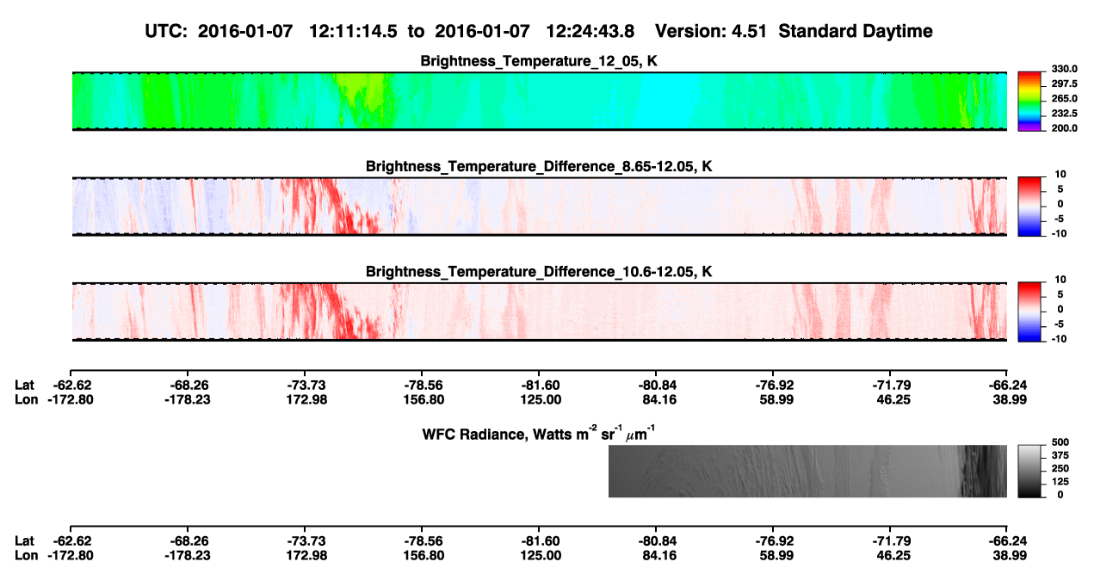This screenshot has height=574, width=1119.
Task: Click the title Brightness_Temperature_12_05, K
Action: tap(539, 61)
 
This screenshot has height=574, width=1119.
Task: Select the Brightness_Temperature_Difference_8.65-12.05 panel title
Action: tap(539, 166)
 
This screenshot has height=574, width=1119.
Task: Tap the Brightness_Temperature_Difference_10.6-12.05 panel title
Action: tap(539, 272)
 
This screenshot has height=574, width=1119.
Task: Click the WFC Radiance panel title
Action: tap(539, 434)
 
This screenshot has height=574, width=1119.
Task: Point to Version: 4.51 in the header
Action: tap(710, 32)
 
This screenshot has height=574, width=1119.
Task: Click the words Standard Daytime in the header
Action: tap(856, 32)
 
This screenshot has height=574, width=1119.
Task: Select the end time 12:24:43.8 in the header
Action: tap(590, 32)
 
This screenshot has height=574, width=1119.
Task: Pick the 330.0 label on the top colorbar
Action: tap(1064, 69)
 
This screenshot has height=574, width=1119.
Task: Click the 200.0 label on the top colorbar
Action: tap(1064, 128)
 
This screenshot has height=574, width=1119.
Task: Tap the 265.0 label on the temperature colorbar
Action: tap(1064, 98)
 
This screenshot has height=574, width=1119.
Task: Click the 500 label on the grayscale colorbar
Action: tap(1060, 442)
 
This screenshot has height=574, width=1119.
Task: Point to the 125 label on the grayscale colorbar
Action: tap(1060, 482)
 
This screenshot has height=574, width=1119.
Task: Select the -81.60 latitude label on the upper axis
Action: tap(541, 386)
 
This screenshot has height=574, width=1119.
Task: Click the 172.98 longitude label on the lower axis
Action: tap(306, 556)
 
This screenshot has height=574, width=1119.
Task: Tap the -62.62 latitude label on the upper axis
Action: tap(72, 386)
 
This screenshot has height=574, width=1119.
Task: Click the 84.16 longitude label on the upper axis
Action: tap(659, 399)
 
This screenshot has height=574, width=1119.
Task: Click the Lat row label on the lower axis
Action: tap(24, 541)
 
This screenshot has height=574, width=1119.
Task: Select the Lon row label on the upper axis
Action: tap(26, 399)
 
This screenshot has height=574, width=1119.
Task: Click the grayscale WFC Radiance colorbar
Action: tap(1029, 471)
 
